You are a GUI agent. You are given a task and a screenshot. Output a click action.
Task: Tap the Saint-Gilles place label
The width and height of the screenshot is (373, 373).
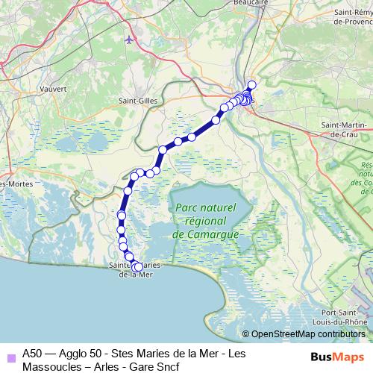tap(137, 99)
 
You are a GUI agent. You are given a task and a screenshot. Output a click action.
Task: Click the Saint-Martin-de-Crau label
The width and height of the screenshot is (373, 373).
tap(345, 129)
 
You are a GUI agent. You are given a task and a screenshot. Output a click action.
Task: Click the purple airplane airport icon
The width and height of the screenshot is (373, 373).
tap(131, 39)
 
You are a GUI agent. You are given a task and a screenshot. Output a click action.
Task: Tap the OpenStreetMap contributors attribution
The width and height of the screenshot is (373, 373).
tap(307, 334)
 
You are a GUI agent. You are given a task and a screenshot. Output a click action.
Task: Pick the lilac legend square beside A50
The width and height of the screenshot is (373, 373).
tap(10, 356)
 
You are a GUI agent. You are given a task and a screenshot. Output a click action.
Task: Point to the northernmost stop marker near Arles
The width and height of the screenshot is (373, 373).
tap(251, 85)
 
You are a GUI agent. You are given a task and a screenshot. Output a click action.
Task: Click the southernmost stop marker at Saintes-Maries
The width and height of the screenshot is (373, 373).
tap(138, 266)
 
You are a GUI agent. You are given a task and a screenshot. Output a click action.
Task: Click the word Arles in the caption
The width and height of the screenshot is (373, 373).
tap(113, 367)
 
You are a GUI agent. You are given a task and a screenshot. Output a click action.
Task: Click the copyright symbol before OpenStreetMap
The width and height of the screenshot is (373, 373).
tap(246, 334)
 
